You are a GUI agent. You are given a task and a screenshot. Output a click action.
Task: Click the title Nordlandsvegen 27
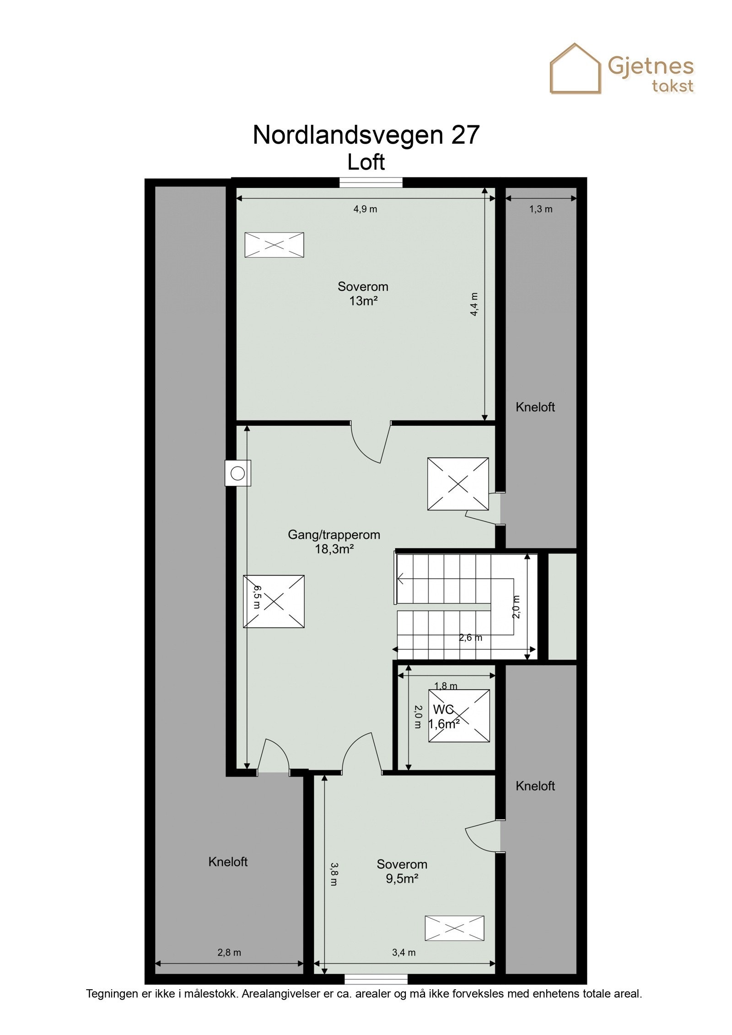tap(366, 135)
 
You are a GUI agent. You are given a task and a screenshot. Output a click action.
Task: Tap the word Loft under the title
tap(366, 162)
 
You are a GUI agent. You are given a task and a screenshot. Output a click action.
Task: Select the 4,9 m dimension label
tap(365, 209)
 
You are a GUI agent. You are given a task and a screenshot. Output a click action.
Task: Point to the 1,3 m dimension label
tap(541, 209)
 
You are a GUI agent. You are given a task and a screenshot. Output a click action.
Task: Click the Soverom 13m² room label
tap(363, 294)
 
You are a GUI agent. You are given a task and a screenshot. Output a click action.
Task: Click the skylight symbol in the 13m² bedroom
tap(274, 245)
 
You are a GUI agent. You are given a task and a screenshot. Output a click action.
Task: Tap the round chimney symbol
tap(237, 473)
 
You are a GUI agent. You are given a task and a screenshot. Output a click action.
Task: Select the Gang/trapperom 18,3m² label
tap(334, 542)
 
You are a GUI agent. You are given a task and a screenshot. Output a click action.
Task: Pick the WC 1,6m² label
tap(443, 717)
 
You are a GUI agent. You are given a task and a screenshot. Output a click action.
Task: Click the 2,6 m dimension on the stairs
tap(470, 638)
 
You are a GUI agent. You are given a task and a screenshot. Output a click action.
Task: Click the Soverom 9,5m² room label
tap(402, 871)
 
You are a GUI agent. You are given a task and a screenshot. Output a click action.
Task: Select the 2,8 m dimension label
tap(229, 953)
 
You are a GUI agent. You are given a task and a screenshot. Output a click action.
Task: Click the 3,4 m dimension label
tap(404, 953)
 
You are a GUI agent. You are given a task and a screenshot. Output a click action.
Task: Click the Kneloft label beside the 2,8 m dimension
tap(228, 862)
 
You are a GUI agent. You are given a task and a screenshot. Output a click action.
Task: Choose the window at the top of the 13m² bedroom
tap(371, 182)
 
